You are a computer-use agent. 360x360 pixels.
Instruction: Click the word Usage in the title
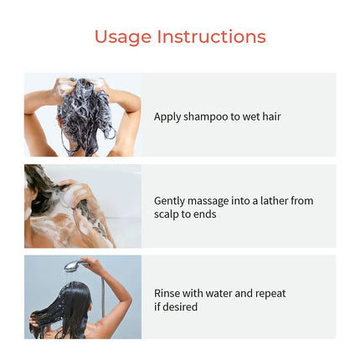coord(123,37)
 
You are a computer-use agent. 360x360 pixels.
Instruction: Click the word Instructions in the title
coord(212,36)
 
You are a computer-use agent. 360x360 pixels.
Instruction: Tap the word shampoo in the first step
coord(206,117)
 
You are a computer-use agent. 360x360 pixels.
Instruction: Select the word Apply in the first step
coord(167,117)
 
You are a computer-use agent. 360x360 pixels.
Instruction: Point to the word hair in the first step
coord(271,116)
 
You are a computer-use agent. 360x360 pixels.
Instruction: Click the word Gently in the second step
coord(169,201)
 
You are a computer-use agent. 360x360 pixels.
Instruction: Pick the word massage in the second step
coord(208,202)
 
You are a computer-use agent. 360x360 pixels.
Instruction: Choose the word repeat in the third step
coord(270,294)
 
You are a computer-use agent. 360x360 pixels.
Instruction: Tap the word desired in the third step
coord(179,306)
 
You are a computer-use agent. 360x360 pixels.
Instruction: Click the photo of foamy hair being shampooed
coord(83,115)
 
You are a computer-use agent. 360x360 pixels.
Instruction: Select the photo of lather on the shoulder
coord(83,206)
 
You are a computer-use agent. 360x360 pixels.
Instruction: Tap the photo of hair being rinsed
coord(83,297)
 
